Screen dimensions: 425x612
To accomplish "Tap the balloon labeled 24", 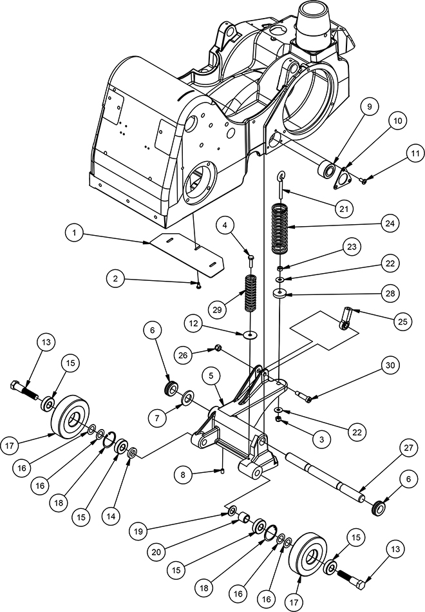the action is coord(390,224).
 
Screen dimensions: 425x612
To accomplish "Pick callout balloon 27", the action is coord(408,448).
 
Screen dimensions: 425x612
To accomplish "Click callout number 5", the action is coord(212,376).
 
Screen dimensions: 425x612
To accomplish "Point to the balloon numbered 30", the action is coord(391,366).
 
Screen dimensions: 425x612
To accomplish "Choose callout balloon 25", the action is coord(402,321).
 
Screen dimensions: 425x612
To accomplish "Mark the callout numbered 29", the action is coord(218,309).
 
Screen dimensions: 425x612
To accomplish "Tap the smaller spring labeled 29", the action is coord(249,293).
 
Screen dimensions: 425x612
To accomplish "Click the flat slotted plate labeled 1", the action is coord(187,255).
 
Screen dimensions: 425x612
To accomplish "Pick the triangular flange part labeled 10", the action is coord(343,178).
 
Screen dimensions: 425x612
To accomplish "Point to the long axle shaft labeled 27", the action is coord(326,477).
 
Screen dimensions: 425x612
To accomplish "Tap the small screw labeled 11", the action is coord(364,180).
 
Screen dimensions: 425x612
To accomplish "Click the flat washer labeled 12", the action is coord(249,334).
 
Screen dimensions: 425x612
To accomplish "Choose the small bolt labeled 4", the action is coord(250,260).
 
